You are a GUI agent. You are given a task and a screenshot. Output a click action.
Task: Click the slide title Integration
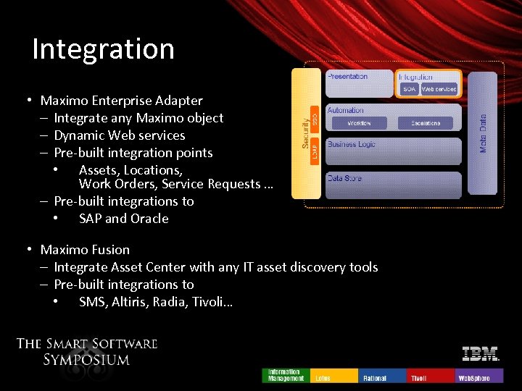coord(104,49)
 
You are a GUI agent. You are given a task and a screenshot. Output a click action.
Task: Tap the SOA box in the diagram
coord(410,89)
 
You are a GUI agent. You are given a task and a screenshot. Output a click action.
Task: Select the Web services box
coord(439,89)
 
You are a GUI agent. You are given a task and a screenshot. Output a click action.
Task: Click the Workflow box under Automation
coord(359,124)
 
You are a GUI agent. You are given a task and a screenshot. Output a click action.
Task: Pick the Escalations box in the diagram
coord(426,124)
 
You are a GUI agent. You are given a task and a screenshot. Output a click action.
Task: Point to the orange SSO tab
coord(315,117)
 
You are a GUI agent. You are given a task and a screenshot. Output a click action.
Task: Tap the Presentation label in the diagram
coord(348,76)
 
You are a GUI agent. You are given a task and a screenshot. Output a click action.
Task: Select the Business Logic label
coord(352,144)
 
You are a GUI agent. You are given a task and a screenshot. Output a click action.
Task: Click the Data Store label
coord(344,178)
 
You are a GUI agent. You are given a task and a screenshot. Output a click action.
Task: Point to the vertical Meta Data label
coord(483,133)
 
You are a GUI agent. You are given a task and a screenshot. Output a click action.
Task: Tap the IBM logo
coord(481,354)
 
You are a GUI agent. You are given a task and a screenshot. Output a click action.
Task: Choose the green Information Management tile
coord(286,375)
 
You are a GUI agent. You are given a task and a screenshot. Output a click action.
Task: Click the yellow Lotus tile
coord(334,376)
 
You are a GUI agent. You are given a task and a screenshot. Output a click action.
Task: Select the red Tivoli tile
coord(431,376)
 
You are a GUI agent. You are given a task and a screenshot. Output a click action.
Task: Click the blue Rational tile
coord(382,376)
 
